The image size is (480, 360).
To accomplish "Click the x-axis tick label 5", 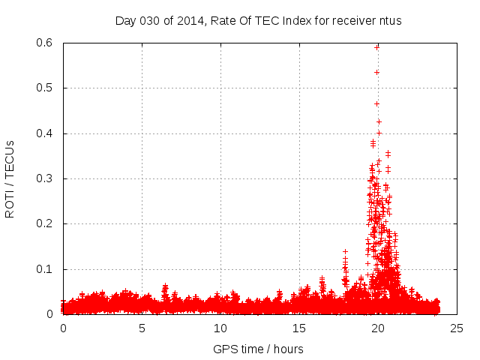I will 142,328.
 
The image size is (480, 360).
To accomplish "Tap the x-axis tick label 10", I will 220,328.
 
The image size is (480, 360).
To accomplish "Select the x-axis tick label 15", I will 299,328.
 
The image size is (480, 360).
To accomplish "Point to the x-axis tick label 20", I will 377,328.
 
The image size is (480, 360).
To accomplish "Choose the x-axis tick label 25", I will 456,328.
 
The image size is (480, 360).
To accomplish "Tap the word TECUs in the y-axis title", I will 10,160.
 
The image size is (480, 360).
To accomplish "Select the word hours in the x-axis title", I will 288,349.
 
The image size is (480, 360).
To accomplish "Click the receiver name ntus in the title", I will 390,20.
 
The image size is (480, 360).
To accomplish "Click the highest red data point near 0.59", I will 376,47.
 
